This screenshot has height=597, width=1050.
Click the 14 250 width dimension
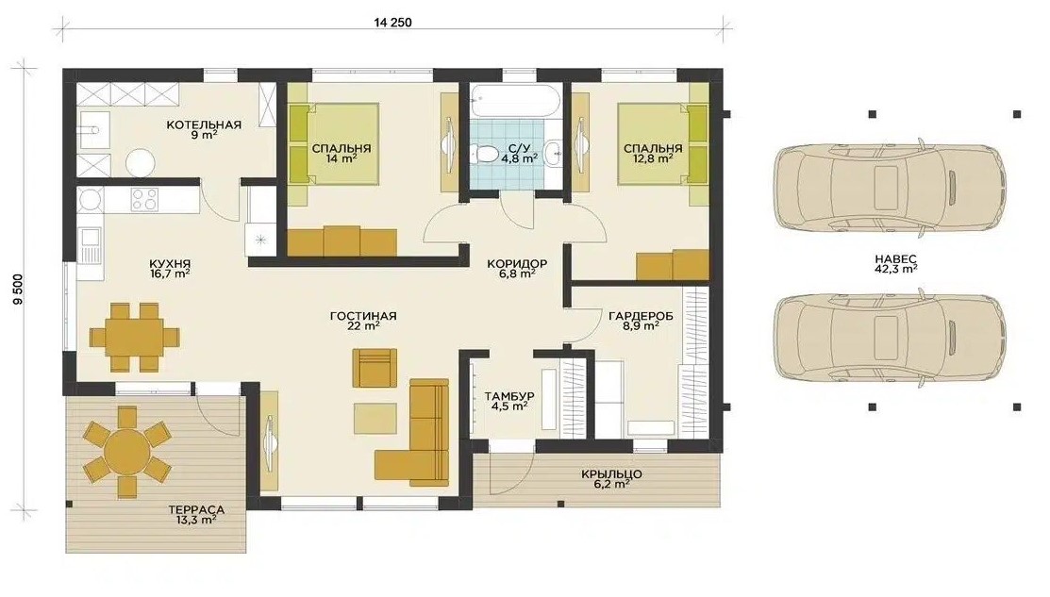pyautogui.click(x=392, y=22)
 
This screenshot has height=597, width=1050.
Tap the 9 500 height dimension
pyautogui.click(x=18, y=290)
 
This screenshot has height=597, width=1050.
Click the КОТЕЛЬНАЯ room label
pyautogui.click(x=204, y=124)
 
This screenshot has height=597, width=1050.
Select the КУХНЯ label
pyautogui.click(x=170, y=264)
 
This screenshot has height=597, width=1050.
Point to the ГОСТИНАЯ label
pyautogui.click(x=363, y=316)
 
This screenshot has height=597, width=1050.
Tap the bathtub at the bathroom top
pyautogui.click(x=512, y=100)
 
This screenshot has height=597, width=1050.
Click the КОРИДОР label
pyautogui.click(x=517, y=264)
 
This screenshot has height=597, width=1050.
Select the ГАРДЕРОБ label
pyautogui.click(x=641, y=316)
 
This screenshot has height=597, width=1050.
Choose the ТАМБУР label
pyautogui.click(x=508, y=396)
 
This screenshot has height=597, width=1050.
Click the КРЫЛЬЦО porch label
pyautogui.click(x=611, y=474)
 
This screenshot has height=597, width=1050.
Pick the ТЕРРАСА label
pyautogui.click(x=196, y=510)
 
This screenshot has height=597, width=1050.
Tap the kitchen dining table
pyautogui.click(x=135, y=336)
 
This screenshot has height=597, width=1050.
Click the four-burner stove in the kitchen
pyautogui.click(x=144, y=199)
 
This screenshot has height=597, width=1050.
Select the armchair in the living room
pyautogui.click(x=375, y=368)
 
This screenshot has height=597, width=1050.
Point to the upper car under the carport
pyautogui.click(x=890, y=186)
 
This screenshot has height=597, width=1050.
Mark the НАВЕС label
pyautogui.click(x=896, y=258)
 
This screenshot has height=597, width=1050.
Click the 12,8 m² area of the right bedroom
pyautogui.click(x=653, y=159)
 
